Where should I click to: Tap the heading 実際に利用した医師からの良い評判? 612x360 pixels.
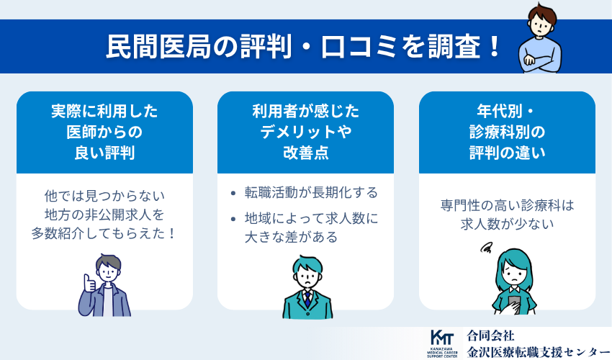pyautogui.click(x=104, y=132)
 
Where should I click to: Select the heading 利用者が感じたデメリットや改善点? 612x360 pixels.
pyautogui.click(x=305, y=132)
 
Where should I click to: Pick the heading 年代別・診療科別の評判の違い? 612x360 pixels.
pyautogui.click(x=507, y=132)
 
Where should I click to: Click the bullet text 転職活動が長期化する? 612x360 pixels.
pyautogui.click(x=311, y=193)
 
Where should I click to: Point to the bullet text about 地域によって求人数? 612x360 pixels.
pyautogui.click(x=311, y=227)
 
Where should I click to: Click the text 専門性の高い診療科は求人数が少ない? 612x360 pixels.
pyautogui.click(x=507, y=215)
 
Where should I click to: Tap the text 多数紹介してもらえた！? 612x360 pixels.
pyautogui.click(x=104, y=235)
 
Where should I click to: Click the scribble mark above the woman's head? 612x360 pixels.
pyautogui.click(x=487, y=249)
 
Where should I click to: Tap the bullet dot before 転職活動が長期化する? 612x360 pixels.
pyautogui.click(x=233, y=194)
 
